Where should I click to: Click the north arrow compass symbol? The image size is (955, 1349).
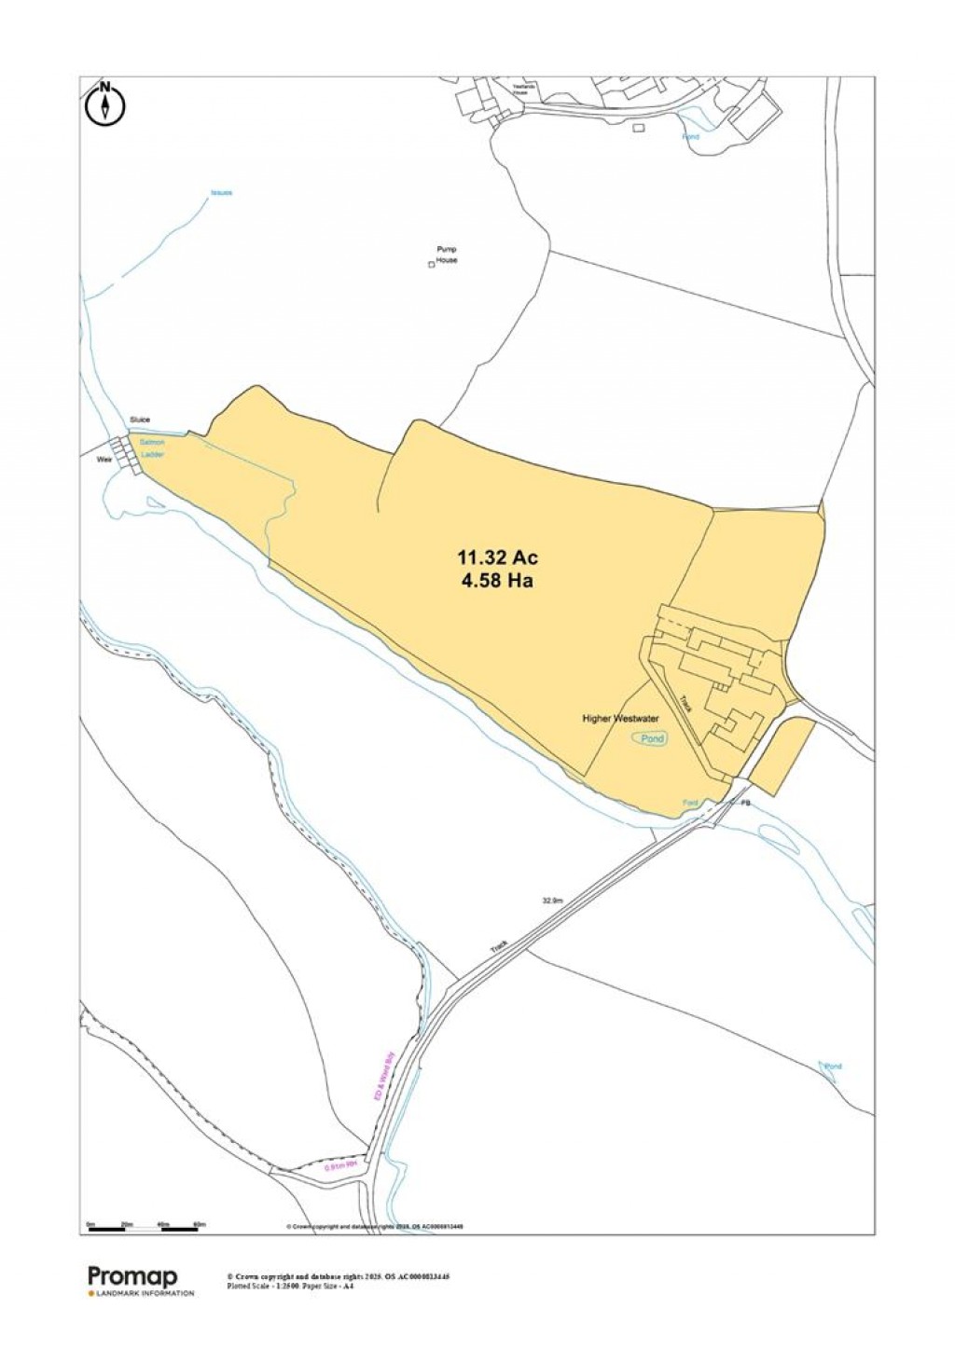pyautogui.click(x=105, y=103)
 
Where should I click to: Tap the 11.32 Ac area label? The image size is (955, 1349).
pyautogui.click(x=497, y=558)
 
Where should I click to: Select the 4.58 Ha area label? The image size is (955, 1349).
pyautogui.click(x=497, y=581)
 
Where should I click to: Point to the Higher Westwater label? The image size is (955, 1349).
pyautogui.click(x=620, y=719)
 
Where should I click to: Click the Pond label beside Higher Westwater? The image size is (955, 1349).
pyautogui.click(x=653, y=738)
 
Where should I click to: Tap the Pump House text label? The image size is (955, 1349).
pyautogui.click(x=447, y=255)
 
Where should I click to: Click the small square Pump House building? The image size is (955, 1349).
pyautogui.click(x=431, y=266)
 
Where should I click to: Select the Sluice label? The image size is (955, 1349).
pyautogui.click(x=140, y=420)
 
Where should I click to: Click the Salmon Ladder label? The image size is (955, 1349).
pyautogui.click(x=153, y=447)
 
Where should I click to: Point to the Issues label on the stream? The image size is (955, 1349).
pyautogui.click(x=221, y=193)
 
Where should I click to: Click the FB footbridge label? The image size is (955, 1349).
pyautogui.click(x=745, y=803)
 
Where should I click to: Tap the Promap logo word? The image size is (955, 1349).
pyautogui.click(x=132, y=1276)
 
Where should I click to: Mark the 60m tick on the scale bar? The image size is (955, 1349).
pyautogui.click(x=199, y=1223)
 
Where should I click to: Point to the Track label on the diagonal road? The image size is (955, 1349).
pyautogui.click(x=499, y=946)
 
